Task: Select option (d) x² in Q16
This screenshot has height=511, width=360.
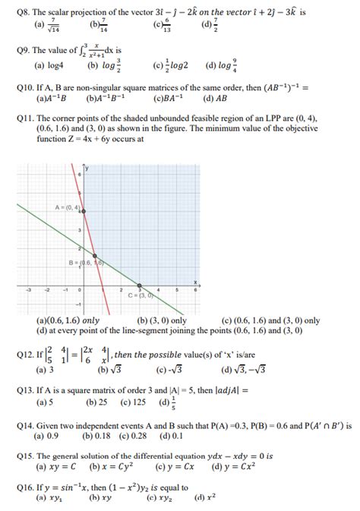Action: click(x=204, y=498)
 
